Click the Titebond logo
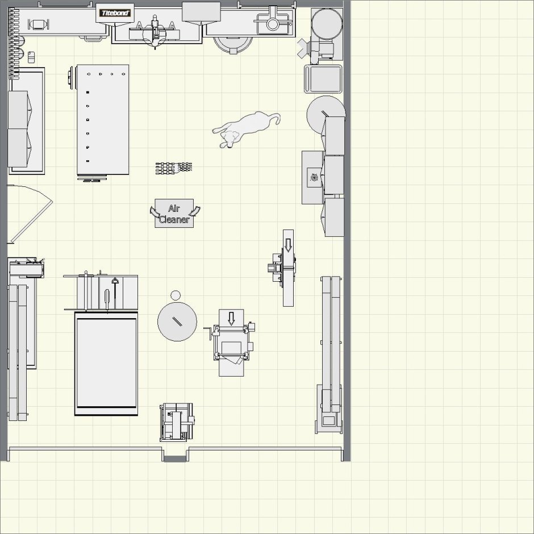[x=115, y=13]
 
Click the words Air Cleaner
[x=174, y=214]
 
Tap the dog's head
[x=228, y=139]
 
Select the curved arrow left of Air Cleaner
[x=155, y=211]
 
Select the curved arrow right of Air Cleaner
[x=194, y=211]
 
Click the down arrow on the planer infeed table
[x=231, y=319]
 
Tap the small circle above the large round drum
[x=176, y=295]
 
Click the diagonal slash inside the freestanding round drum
[x=177, y=321]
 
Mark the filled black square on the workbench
[x=87, y=92]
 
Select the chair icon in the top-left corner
[x=38, y=24]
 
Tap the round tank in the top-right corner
[x=327, y=24]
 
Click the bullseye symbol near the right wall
[x=314, y=177]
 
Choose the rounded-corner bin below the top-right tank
[x=323, y=78]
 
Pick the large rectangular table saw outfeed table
[x=106, y=364]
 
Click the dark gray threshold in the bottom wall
[x=175, y=458]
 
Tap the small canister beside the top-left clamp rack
[x=31, y=57]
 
